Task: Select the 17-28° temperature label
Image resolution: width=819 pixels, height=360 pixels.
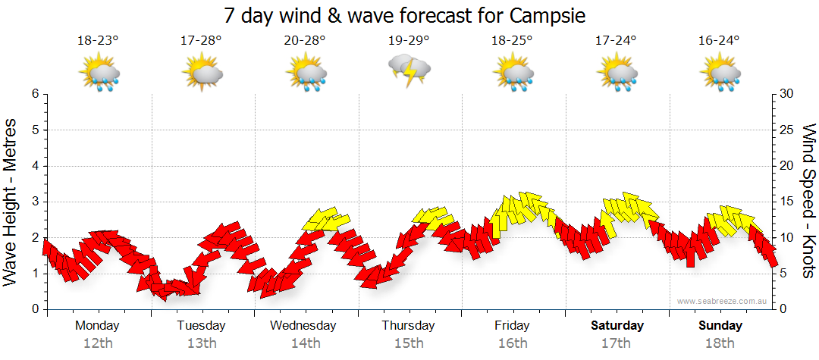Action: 201,41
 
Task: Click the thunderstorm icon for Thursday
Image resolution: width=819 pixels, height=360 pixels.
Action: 409,70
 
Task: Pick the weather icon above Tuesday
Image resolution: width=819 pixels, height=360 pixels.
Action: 202,73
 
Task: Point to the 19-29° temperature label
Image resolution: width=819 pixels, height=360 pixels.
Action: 409,41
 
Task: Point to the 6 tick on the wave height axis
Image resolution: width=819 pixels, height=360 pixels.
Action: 35,94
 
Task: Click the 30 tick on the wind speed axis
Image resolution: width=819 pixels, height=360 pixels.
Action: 787,94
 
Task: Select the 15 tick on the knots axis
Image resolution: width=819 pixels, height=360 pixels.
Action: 787,202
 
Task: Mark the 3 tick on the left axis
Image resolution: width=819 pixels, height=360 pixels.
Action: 35,202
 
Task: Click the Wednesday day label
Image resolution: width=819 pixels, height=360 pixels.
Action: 303,326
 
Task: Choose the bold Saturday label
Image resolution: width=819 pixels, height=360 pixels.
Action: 617,326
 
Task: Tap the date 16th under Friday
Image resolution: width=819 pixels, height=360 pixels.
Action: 513,343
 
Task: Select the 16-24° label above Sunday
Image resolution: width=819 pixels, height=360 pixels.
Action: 720,41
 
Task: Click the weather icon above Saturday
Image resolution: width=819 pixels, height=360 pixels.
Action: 617,73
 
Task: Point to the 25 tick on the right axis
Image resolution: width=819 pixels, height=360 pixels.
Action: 787,130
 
